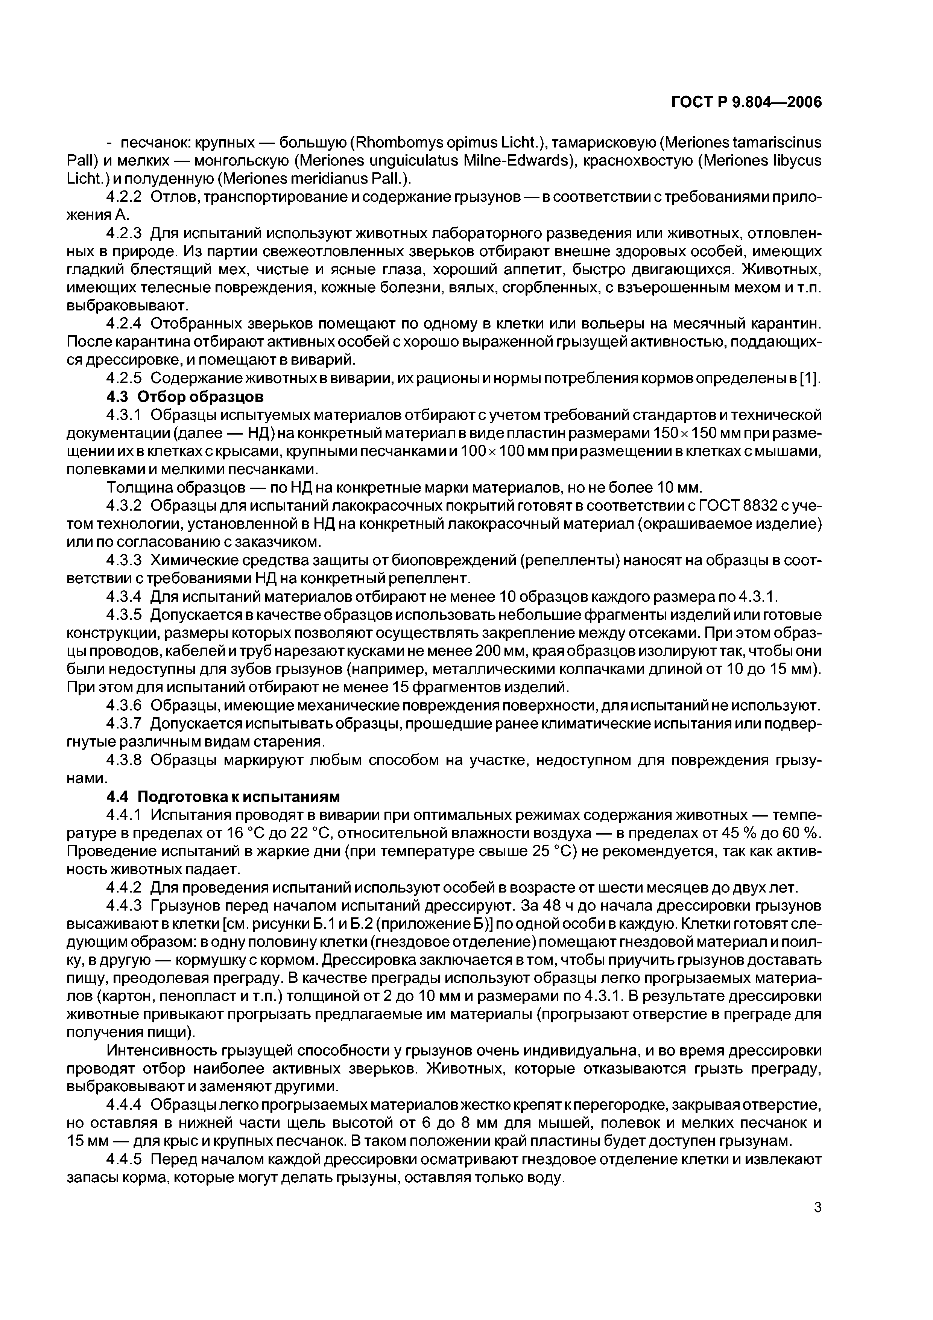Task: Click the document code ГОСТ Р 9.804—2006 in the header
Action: pyautogui.click(x=746, y=102)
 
